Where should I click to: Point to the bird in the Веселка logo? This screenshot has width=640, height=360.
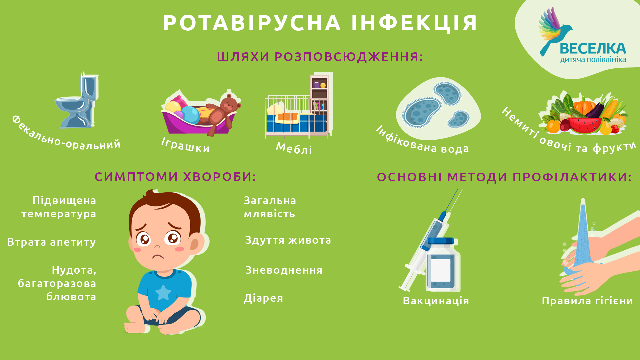(553, 32)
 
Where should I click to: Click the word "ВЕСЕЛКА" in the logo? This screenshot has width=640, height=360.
(593, 49)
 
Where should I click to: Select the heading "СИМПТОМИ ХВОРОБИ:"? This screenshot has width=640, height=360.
(175, 177)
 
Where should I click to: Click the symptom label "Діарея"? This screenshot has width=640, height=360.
(263, 298)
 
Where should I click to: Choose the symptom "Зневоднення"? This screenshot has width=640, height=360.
(284, 270)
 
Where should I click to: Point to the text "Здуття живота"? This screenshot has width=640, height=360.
(288, 240)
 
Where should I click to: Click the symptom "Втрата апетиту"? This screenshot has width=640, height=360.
(51, 242)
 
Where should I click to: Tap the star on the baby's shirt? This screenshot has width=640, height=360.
(163, 292)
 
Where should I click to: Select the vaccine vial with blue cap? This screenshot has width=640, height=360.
(443, 264)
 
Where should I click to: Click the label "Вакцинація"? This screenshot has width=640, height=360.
(436, 301)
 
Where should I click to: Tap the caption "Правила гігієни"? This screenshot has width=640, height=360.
(587, 301)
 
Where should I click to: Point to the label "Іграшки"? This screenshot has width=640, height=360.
(185, 145)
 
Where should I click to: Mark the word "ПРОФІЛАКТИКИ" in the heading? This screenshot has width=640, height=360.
(572, 177)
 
